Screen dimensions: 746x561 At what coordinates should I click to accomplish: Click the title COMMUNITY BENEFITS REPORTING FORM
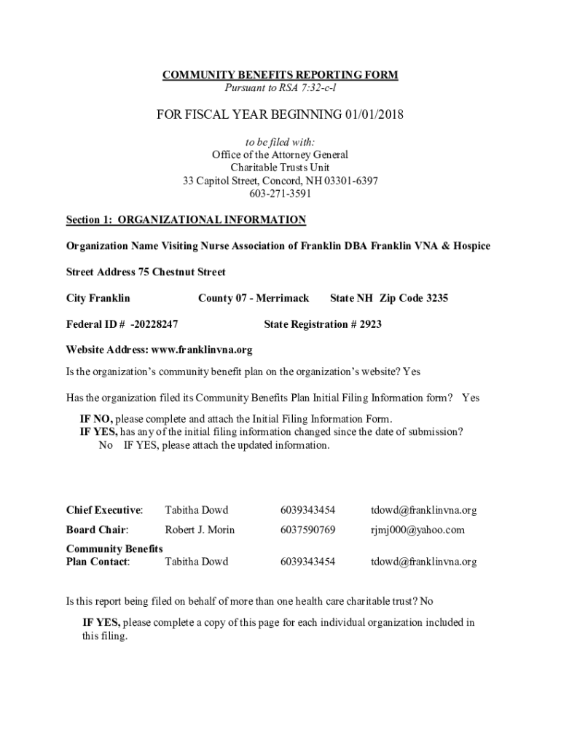[280, 76]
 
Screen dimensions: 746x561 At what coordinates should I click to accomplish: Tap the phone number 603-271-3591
[280, 194]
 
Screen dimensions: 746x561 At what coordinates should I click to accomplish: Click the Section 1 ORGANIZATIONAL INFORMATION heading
[186, 220]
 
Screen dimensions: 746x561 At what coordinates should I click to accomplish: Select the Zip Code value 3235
[437, 298]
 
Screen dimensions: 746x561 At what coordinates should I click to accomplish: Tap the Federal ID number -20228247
[154, 324]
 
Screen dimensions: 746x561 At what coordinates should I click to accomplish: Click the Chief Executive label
[104, 510]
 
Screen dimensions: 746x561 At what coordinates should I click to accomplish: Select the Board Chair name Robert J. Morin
[200, 530]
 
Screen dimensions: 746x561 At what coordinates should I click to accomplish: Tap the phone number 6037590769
[307, 530]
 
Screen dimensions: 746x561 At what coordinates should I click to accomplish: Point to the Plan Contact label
[98, 562]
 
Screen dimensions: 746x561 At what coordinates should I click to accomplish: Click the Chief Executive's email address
[424, 510]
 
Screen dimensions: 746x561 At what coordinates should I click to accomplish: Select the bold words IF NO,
[96, 419]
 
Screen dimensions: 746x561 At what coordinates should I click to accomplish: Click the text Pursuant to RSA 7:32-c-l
[280, 89]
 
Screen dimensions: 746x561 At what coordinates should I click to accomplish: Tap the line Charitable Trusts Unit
[280, 168]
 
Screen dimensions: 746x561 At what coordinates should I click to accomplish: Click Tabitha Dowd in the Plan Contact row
[196, 562]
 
